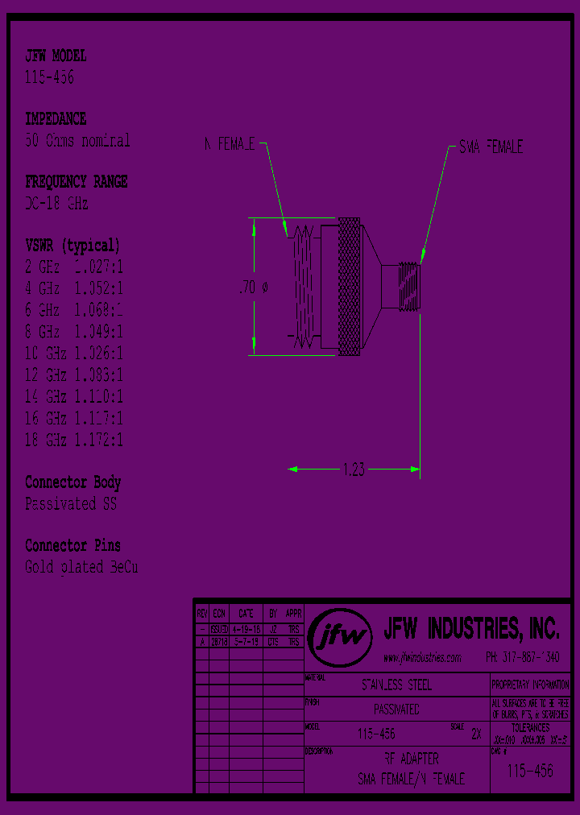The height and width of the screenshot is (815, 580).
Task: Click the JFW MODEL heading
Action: [x=56, y=56]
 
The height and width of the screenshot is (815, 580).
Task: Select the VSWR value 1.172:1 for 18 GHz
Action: [x=98, y=441]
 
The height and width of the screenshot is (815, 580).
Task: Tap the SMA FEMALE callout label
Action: [x=491, y=147]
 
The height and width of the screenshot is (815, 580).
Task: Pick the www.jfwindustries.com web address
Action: [x=422, y=658]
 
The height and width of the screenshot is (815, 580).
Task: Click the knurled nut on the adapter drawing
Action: [x=349, y=286]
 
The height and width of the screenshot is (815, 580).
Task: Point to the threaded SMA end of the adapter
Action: [x=408, y=286]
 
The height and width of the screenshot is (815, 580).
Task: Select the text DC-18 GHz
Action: [x=56, y=204]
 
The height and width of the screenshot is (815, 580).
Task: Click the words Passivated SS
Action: [x=71, y=504]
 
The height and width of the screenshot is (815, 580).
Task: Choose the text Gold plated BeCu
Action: [x=81, y=567]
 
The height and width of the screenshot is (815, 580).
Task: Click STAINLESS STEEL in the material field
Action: [x=396, y=685]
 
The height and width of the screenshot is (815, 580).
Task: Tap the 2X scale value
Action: [x=475, y=734]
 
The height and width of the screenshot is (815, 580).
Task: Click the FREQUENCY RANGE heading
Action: [x=76, y=182]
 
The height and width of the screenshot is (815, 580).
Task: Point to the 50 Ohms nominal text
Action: [x=77, y=140]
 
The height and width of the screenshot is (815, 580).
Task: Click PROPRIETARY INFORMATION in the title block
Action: [x=529, y=685]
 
